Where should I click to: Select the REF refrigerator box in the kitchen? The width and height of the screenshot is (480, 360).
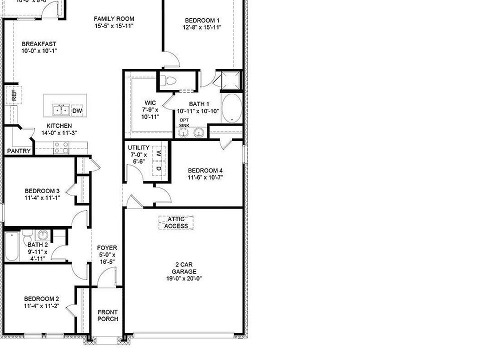13,94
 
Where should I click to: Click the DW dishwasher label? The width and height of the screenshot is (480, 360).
77,110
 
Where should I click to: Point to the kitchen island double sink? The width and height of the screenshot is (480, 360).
61,110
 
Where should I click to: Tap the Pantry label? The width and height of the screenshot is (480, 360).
19,151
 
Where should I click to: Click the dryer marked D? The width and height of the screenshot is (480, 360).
158,168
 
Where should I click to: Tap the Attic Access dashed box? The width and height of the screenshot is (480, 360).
176,222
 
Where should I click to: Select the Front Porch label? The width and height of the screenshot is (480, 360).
107,315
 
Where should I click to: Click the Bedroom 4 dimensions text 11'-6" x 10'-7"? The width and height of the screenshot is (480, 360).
205,177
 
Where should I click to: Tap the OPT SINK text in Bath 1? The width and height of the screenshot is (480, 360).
184,122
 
